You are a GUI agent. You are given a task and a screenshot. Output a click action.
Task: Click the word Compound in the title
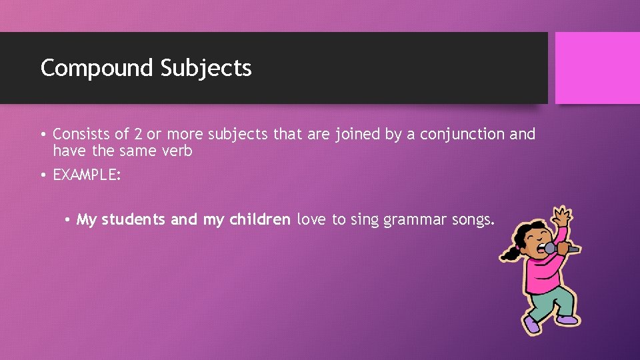click(x=97, y=67)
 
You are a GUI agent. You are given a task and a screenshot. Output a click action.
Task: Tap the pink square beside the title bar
click(x=597, y=68)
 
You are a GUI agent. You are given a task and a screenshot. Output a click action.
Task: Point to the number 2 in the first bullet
click(x=138, y=134)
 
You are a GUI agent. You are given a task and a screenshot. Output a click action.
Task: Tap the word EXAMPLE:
click(x=87, y=176)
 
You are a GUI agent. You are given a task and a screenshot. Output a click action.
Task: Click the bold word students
click(x=134, y=219)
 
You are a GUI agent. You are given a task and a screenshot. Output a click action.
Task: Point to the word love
click(x=311, y=219)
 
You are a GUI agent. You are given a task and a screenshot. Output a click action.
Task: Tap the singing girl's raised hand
click(x=564, y=217)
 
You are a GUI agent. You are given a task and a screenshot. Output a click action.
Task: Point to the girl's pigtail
click(x=510, y=253)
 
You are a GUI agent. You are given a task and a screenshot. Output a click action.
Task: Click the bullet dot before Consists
click(x=43, y=135)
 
